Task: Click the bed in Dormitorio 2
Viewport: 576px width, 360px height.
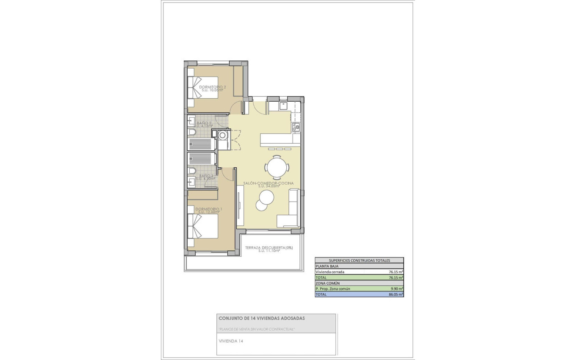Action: coord(203,88)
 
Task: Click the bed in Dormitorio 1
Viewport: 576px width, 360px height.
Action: coord(203,226)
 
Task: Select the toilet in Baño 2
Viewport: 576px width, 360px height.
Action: coord(192,133)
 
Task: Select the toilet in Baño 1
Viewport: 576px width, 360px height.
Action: coord(192,171)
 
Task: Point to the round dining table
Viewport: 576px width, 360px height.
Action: coord(277,167)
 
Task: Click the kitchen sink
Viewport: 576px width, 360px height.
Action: coord(282,105)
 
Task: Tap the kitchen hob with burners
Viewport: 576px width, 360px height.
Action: coord(296,126)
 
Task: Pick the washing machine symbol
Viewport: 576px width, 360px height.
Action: coord(223,135)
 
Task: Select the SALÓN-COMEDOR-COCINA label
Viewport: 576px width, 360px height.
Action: coord(268,184)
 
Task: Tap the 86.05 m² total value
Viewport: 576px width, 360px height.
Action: coord(395,294)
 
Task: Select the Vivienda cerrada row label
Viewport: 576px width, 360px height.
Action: coord(330,272)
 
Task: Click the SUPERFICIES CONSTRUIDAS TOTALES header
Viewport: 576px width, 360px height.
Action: coord(359,260)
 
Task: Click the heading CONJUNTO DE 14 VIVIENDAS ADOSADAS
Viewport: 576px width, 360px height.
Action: coord(261,318)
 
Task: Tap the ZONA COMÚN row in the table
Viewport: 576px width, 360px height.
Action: coord(327,283)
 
